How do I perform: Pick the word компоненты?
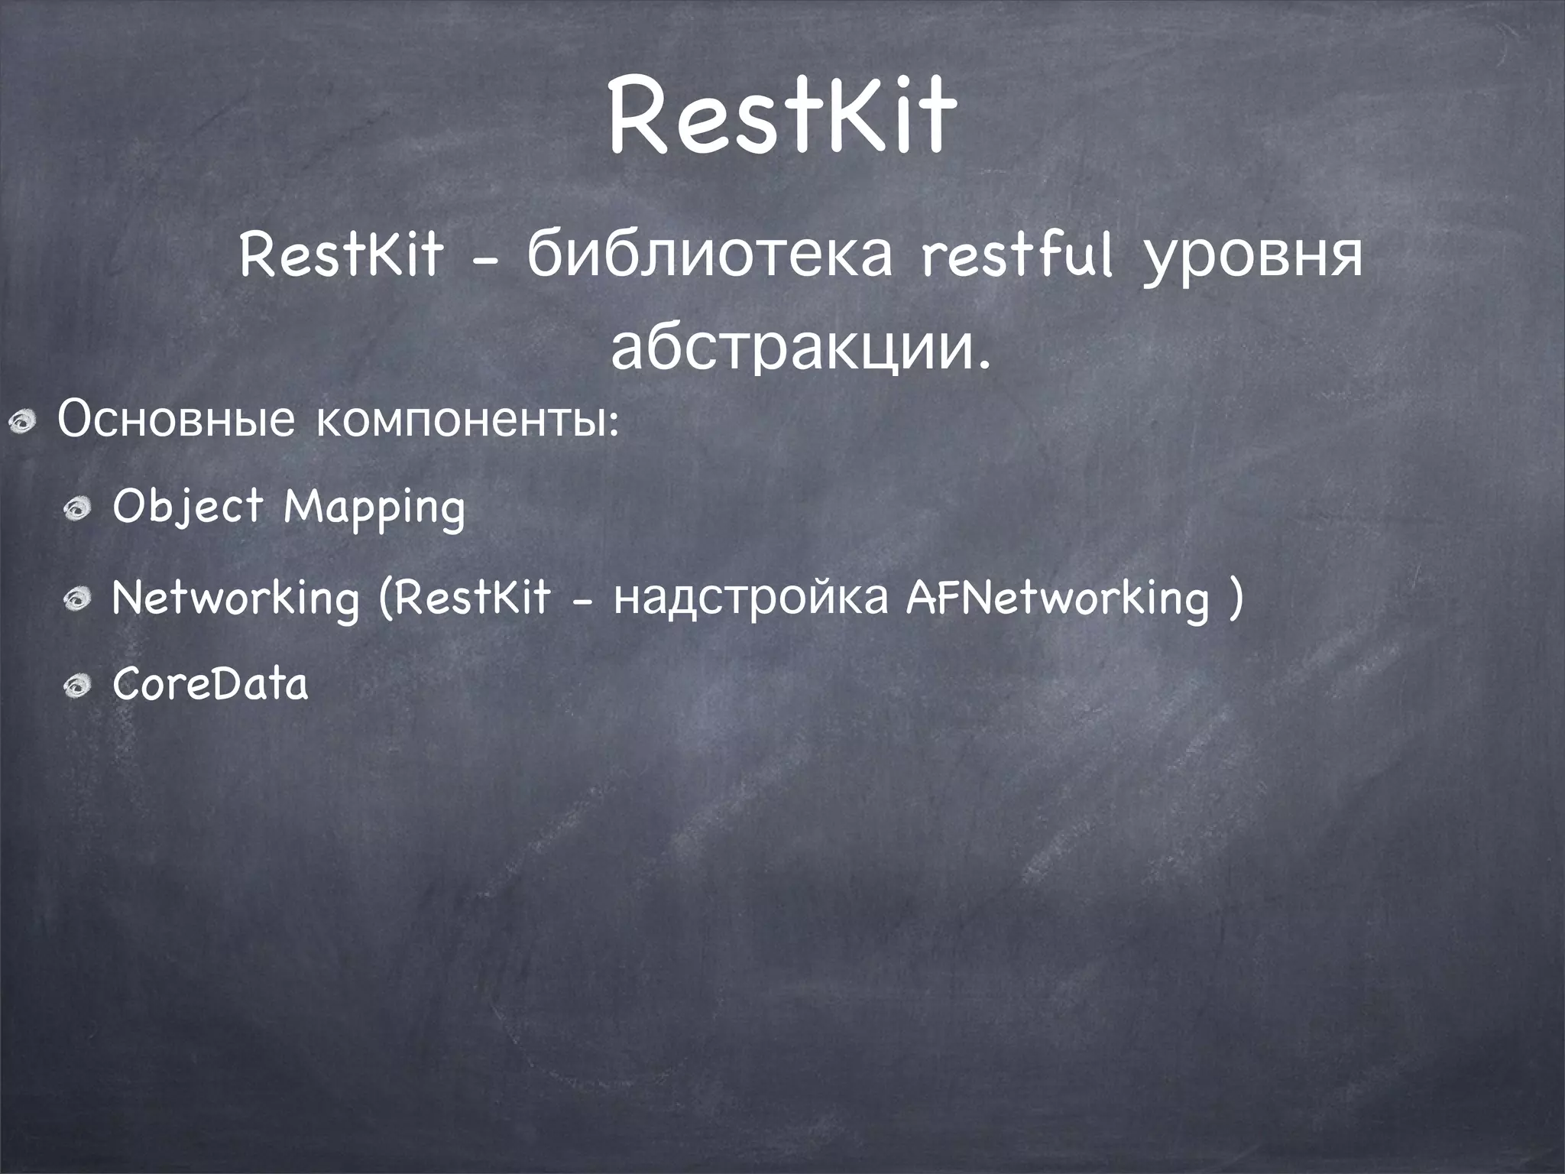(x=466, y=422)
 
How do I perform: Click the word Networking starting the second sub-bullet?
(x=235, y=598)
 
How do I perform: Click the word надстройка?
(x=752, y=598)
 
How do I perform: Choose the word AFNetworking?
(x=1058, y=598)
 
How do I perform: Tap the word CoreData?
(x=210, y=684)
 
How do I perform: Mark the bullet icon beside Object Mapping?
(x=78, y=508)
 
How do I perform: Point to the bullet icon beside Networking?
(x=78, y=598)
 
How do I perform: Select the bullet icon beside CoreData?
(x=78, y=686)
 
